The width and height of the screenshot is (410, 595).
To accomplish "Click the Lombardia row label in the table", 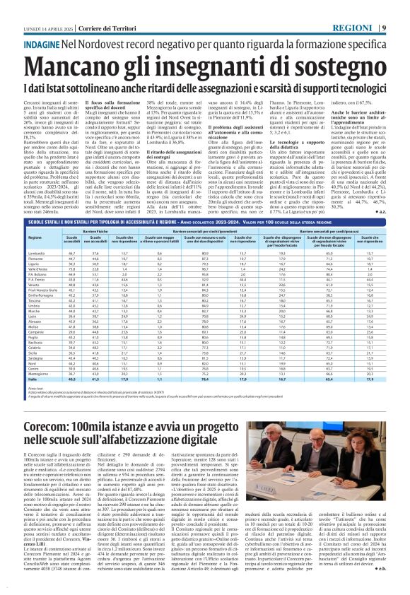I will tap(35, 252).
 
